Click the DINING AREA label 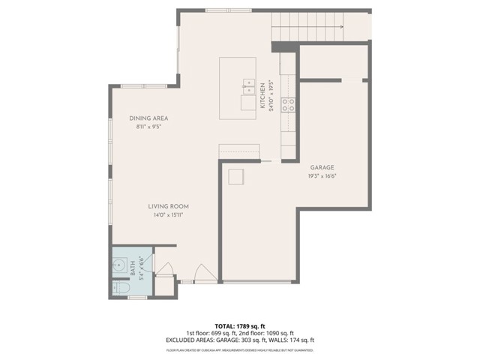148,118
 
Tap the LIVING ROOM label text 167,206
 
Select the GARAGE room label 322,167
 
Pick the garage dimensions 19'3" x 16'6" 322,176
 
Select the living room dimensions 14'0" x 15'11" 167,215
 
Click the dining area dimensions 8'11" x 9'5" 148,127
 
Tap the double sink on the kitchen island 247,83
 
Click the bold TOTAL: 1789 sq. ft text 239,325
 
